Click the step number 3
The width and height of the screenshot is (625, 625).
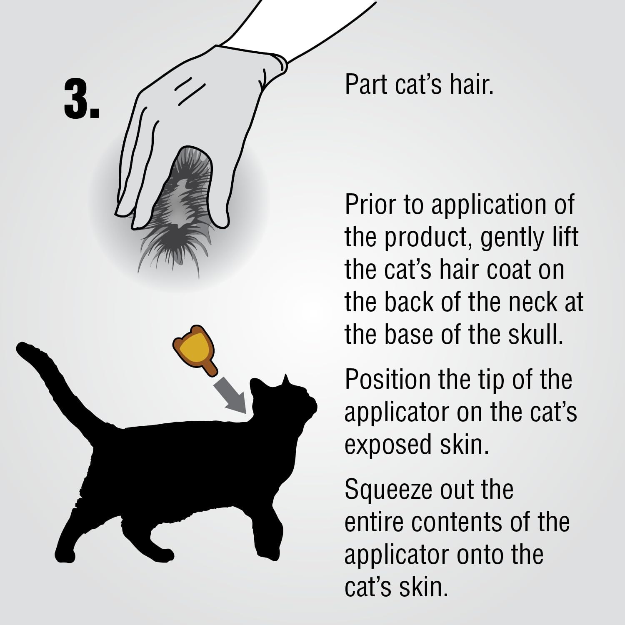click(x=82, y=99)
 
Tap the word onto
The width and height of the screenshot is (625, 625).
click(x=485, y=555)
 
